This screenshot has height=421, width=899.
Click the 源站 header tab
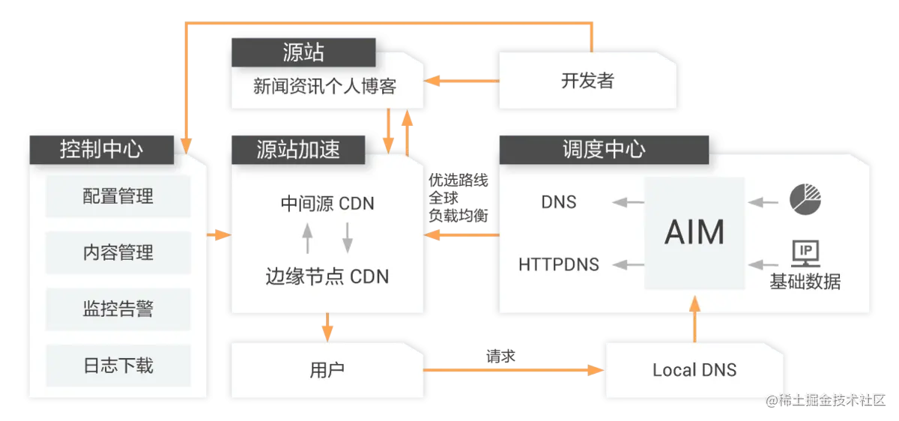pyautogui.click(x=303, y=52)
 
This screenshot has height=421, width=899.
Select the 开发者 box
pyautogui.click(x=587, y=81)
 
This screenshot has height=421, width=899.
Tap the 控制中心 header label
pyautogui.click(x=101, y=149)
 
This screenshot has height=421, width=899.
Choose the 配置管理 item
pyautogui.click(x=118, y=196)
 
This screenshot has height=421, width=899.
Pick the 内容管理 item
pyautogui.click(x=118, y=252)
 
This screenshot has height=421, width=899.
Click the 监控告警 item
pyautogui.click(x=118, y=309)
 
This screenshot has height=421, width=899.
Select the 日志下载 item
pyautogui.click(x=118, y=365)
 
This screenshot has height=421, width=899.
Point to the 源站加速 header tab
pyautogui.click(x=298, y=149)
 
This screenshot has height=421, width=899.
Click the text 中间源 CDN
pyautogui.click(x=327, y=204)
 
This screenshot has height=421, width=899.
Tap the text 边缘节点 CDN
pyautogui.click(x=327, y=276)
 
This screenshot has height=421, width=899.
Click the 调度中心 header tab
pyautogui.click(x=603, y=149)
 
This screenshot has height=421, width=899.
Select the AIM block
pyautogui.click(x=694, y=233)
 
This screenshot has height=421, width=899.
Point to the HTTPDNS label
pyautogui.click(x=559, y=264)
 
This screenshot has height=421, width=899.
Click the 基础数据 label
pyautogui.click(x=805, y=282)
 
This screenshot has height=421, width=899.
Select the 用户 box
pyautogui.click(x=327, y=369)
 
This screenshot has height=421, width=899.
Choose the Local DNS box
pyautogui.click(x=694, y=369)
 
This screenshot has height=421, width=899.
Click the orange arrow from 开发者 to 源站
pyautogui.click(x=461, y=81)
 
